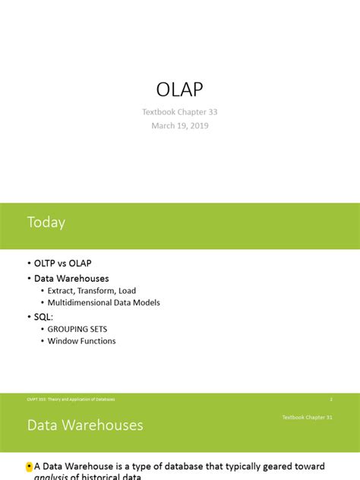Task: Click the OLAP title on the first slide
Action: point(179,90)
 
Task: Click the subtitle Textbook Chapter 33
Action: point(179,112)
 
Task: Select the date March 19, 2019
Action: point(179,125)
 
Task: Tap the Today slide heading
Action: point(46,223)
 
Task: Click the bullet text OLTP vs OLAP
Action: point(62,264)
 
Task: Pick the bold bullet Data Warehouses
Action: point(71,279)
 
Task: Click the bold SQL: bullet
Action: point(46,315)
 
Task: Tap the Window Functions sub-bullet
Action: point(81,341)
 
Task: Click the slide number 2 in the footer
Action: point(331,399)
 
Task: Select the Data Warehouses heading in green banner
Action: point(85,425)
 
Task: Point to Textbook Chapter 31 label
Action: point(308,417)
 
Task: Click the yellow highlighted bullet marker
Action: point(29,466)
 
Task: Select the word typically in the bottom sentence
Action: point(252,466)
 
